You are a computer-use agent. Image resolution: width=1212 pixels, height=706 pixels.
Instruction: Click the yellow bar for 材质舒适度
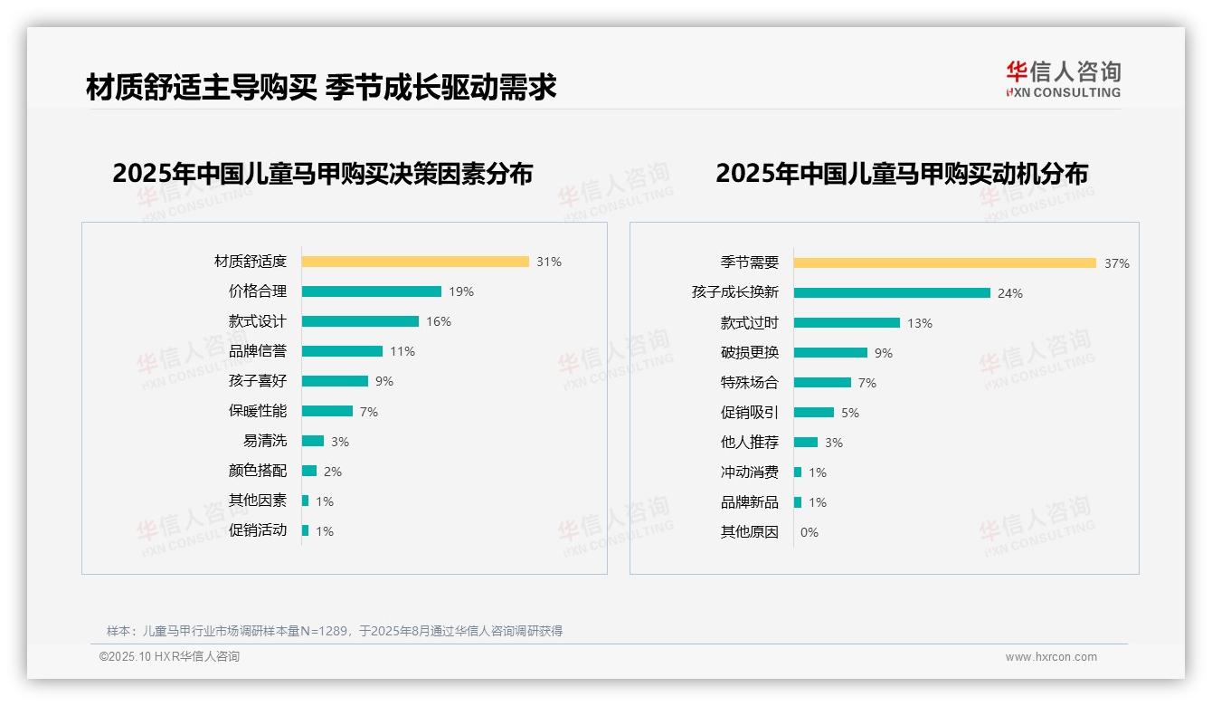point(415,262)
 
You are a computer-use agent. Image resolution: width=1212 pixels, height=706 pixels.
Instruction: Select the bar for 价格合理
point(372,291)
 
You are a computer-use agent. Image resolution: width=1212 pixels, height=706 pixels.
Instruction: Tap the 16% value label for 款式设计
point(439,321)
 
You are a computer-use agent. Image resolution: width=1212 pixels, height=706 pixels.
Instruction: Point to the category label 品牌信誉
point(258,351)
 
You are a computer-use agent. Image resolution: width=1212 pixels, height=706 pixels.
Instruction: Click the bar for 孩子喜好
point(335,381)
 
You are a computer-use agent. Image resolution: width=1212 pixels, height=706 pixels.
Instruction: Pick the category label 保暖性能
point(258,411)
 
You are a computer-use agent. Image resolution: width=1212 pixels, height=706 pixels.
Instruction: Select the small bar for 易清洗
point(313,441)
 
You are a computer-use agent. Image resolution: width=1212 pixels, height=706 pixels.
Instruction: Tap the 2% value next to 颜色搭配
point(333,472)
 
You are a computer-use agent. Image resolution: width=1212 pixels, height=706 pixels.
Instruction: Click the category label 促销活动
point(258,530)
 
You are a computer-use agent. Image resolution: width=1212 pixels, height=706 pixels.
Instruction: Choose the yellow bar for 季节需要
point(945,263)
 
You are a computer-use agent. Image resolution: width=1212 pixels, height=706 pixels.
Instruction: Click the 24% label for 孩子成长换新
point(1010,293)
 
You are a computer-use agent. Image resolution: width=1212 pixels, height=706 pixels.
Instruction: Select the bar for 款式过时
point(847,323)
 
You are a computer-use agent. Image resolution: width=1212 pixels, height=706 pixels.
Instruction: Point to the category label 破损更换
point(750,353)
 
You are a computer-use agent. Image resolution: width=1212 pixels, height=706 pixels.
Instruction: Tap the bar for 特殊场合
point(822,383)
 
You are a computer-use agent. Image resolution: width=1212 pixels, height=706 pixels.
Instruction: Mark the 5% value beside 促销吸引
point(850,413)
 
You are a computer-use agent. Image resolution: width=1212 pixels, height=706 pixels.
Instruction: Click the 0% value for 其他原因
point(810,532)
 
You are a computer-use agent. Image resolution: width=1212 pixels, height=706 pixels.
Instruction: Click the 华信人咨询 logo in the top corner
point(1063,80)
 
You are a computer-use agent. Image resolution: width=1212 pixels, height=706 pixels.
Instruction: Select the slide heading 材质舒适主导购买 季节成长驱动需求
point(321,87)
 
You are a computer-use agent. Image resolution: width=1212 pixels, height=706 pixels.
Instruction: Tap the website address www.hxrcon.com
point(1051,657)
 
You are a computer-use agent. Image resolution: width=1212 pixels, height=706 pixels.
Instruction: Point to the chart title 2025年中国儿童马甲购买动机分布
point(902,173)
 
